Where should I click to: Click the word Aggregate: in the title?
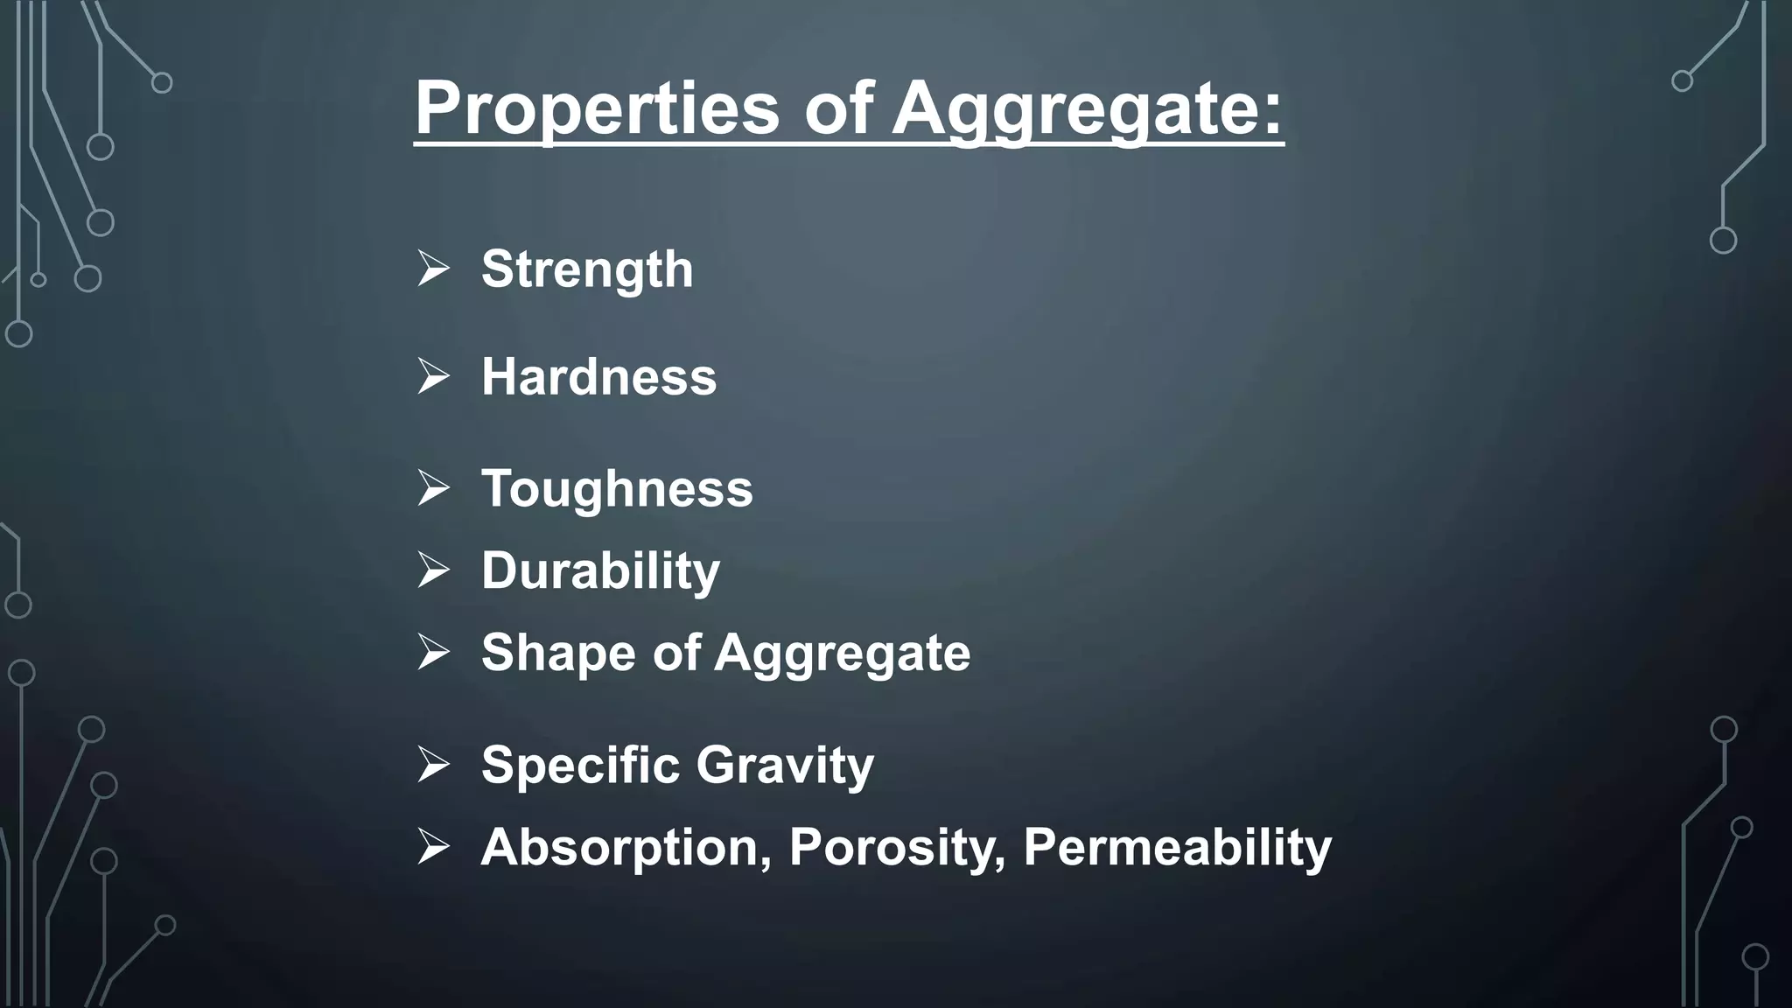pos(1088,108)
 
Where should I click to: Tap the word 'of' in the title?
pos(838,108)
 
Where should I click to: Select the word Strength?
pos(587,269)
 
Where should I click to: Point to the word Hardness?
pos(598,377)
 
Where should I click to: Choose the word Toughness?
pos(617,488)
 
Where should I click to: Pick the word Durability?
pos(600,570)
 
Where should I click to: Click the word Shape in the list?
pos(558,653)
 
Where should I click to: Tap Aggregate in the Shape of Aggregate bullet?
pos(843,653)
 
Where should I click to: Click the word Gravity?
pos(785,765)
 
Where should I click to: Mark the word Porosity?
pos(897,847)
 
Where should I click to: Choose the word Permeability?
pos(1177,847)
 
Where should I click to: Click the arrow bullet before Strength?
pos(433,269)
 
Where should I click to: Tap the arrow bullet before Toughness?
pos(433,488)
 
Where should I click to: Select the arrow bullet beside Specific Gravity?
pos(433,765)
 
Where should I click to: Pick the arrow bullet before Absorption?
pos(433,847)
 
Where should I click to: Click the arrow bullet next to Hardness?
pos(433,377)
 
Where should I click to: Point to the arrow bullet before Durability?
pos(433,570)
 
